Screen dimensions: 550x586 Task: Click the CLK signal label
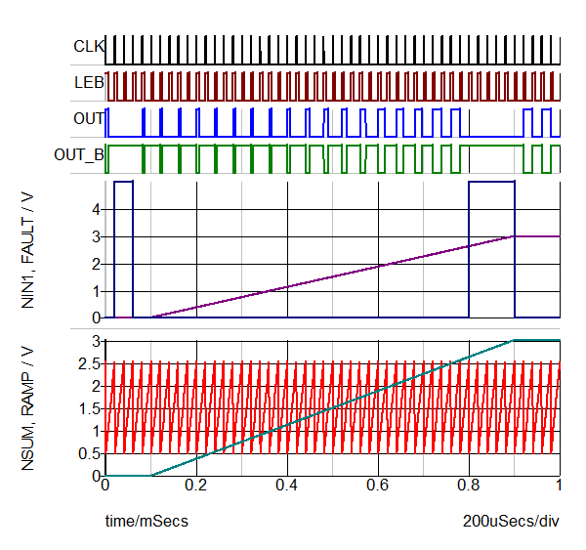89,46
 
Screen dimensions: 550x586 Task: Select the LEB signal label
89,82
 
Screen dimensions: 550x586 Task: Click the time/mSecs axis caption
146,522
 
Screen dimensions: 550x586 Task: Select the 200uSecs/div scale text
511,522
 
